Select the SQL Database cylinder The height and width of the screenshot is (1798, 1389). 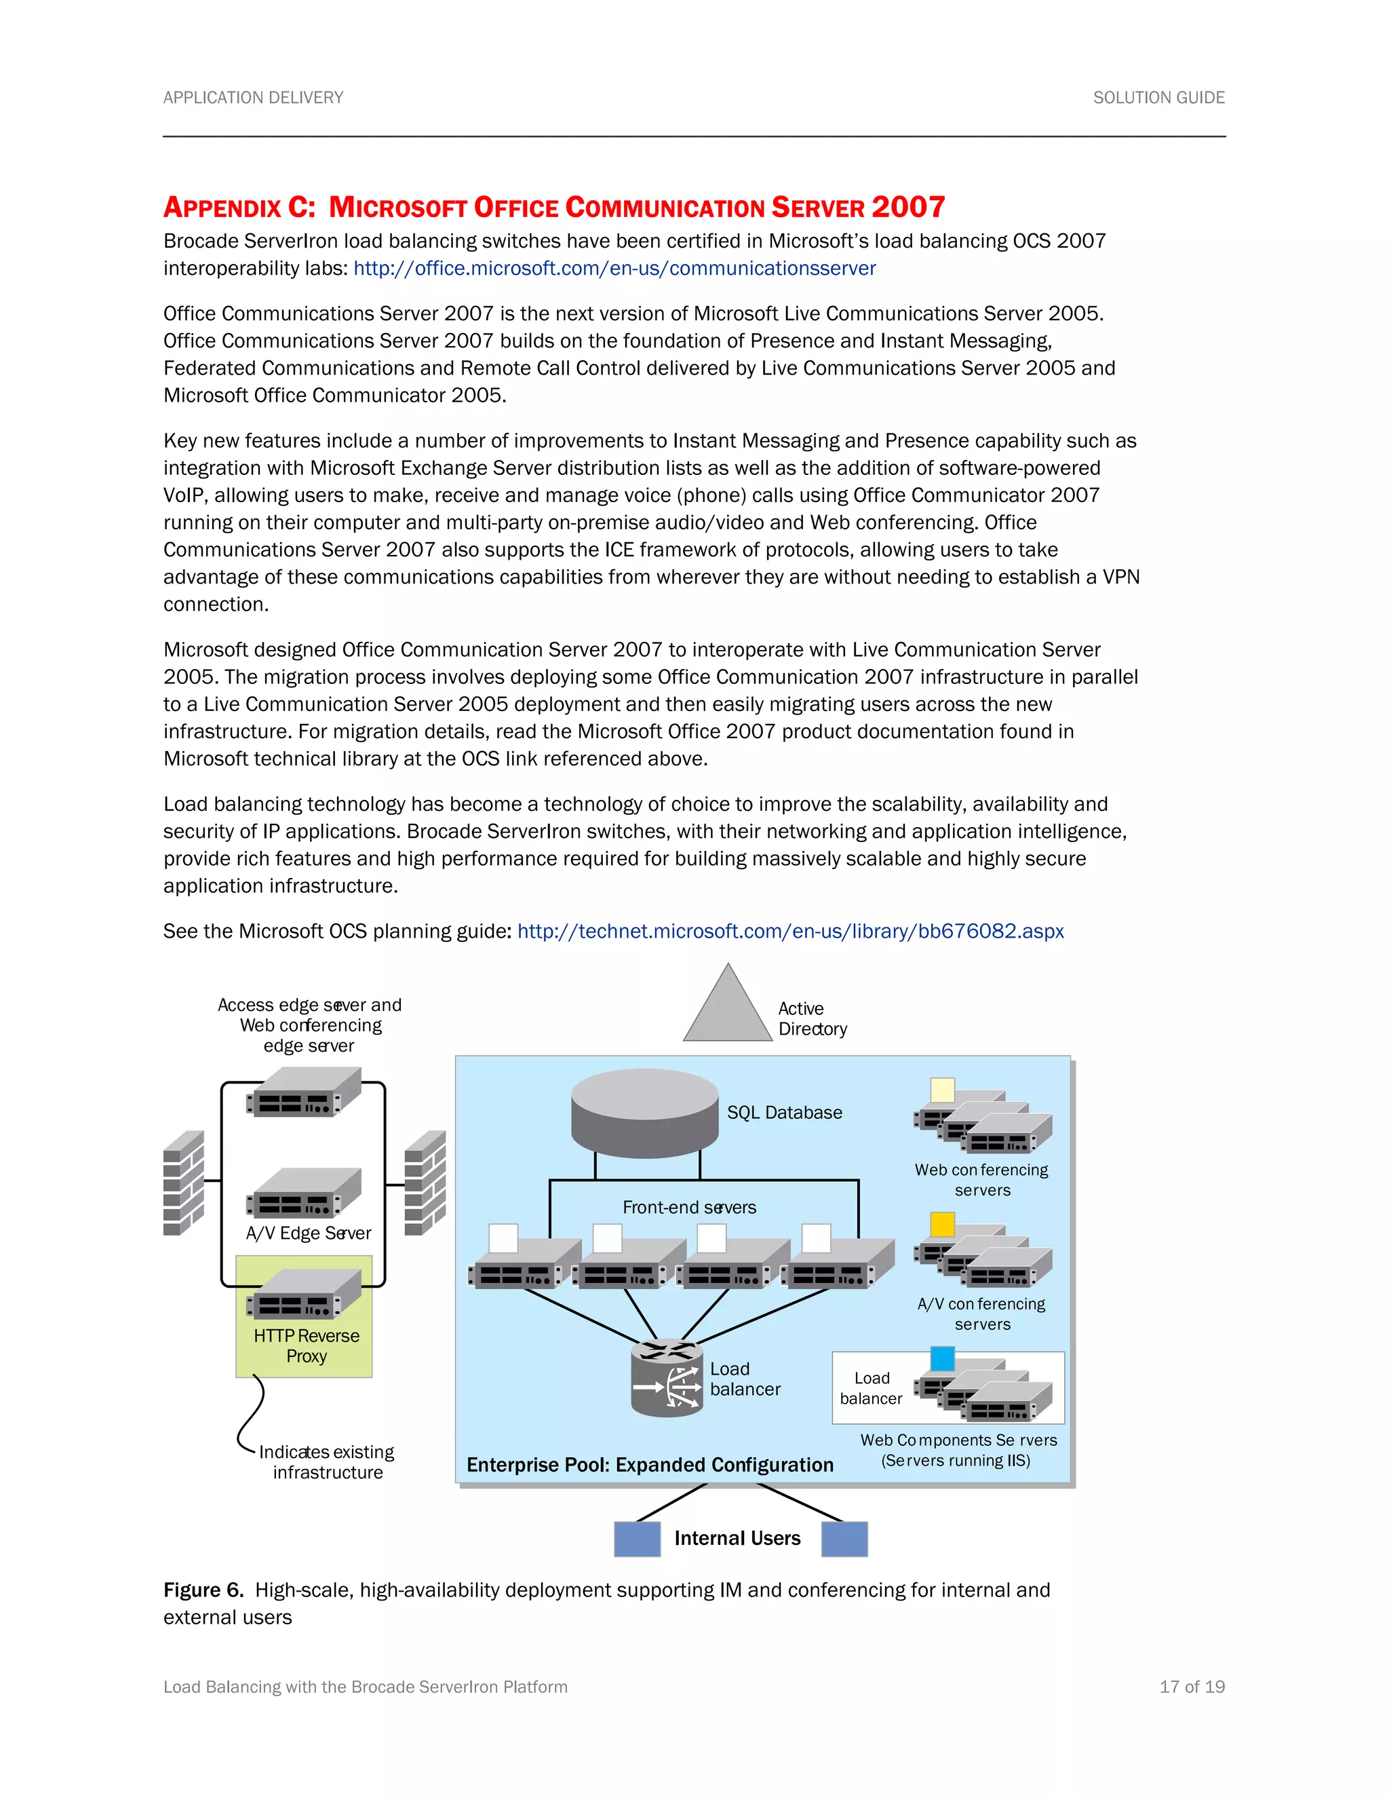click(x=645, y=1112)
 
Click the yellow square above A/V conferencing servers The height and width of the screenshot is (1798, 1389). click(x=942, y=1224)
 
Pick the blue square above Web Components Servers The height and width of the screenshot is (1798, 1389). click(x=942, y=1358)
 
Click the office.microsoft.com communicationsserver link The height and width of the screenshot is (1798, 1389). click(x=614, y=269)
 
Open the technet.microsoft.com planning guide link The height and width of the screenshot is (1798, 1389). click(x=790, y=931)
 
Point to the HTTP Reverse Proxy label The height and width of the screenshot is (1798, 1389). click(x=306, y=1345)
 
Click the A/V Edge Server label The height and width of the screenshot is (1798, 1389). click(x=309, y=1233)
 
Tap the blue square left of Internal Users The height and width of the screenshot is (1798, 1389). click(x=637, y=1539)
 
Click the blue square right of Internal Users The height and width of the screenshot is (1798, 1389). click(x=844, y=1539)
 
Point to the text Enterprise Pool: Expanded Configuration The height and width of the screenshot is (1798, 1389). click(x=649, y=1465)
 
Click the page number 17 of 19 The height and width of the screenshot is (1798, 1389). click(x=1192, y=1687)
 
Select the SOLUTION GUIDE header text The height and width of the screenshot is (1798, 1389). click(x=1158, y=98)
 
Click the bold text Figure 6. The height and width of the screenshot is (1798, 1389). click(x=203, y=1590)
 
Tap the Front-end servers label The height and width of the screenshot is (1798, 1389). click(x=689, y=1207)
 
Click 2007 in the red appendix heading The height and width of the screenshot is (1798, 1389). click(x=907, y=207)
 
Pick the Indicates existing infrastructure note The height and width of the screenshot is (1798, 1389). click(x=327, y=1462)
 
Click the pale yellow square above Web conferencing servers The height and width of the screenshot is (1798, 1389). click(x=942, y=1090)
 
